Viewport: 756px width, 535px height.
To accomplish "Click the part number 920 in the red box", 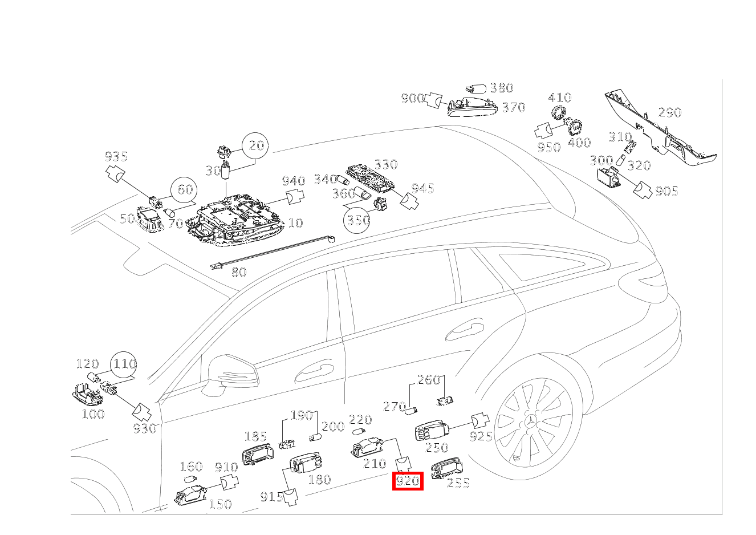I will pyautogui.click(x=408, y=481).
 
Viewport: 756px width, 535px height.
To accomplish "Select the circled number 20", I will pyautogui.click(x=257, y=145).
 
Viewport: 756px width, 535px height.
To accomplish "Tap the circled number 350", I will pyautogui.click(x=357, y=220).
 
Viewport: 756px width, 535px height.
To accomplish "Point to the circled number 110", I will pyautogui.click(x=124, y=364).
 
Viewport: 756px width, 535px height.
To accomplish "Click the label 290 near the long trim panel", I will pyautogui.click(x=670, y=112).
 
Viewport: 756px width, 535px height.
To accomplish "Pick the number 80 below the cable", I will pyautogui.click(x=239, y=272).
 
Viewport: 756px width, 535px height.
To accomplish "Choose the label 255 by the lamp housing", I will pyautogui.click(x=458, y=484).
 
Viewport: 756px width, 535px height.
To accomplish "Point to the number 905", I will pyautogui.click(x=666, y=191).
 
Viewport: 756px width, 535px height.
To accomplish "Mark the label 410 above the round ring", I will pyautogui.click(x=560, y=98).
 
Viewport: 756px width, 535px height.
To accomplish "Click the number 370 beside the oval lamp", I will pyautogui.click(x=513, y=107).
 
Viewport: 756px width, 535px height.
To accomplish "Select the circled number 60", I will pyautogui.click(x=185, y=189).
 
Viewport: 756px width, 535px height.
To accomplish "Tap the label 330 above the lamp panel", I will pyautogui.click(x=385, y=164).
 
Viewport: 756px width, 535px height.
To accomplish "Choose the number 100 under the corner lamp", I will pyautogui.click(x=93, y=414).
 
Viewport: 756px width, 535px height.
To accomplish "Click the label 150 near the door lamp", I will pyautogui.click(x=220, y=504).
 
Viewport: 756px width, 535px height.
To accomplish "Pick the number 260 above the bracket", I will pyautogui.click(x=429, y=380).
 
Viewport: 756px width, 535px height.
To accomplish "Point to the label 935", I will pyautogui.click(x=116, y=156).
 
